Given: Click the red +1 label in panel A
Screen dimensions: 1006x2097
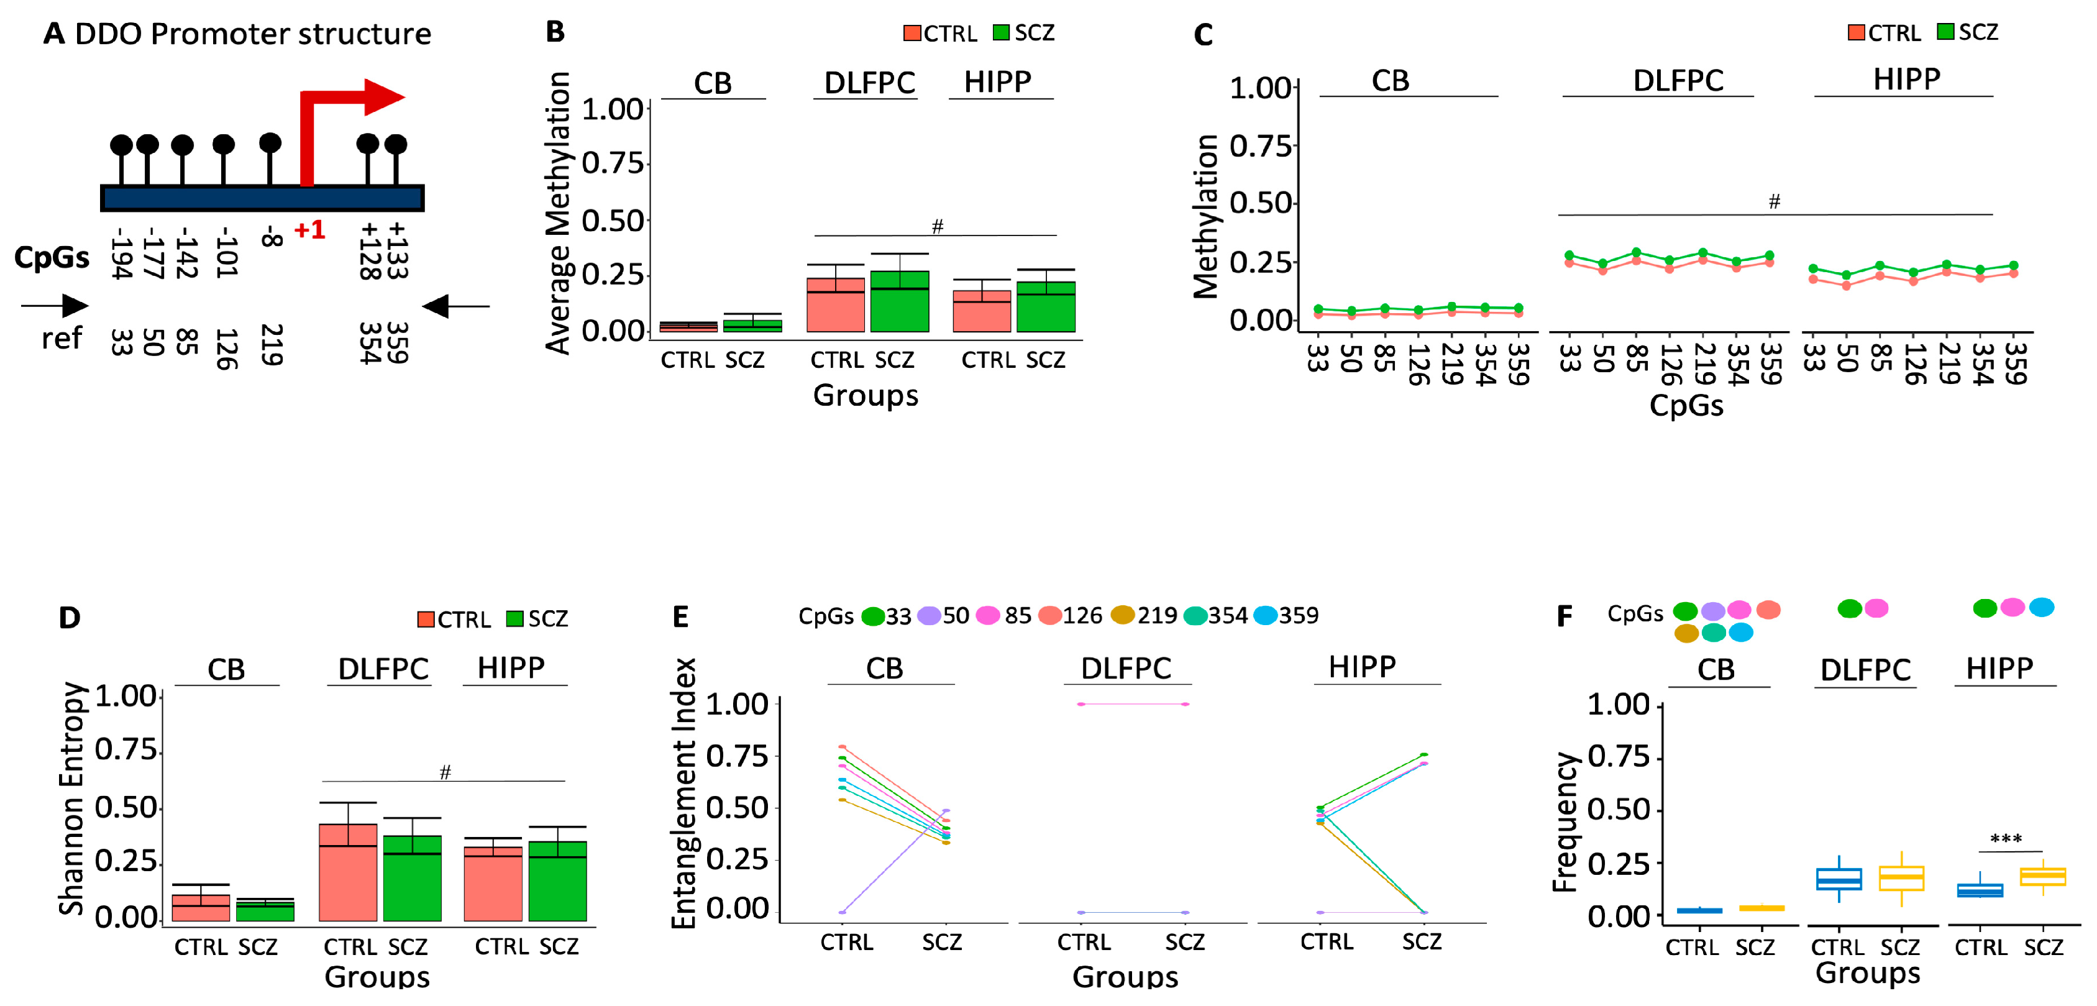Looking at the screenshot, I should coord(309,231).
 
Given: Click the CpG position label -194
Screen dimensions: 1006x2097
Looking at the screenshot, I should coord(121,254).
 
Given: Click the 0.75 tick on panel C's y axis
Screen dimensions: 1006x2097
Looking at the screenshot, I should coord(1260,147).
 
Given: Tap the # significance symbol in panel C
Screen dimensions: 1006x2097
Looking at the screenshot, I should coord(1774,201).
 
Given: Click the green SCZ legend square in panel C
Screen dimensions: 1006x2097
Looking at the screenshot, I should coord(1945,32).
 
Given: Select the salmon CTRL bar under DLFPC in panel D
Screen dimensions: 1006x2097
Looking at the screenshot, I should coord(347,872).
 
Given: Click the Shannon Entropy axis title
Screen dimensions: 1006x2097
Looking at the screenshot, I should coord(71,798).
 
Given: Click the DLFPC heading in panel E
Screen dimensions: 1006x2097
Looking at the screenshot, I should coord(1125,668).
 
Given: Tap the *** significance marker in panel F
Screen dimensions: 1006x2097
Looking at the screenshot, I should coord(2005,839).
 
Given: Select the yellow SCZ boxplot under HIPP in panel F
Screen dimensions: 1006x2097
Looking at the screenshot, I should coord(2042,877).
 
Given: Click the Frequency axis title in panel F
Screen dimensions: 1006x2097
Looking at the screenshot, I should coord(1564,821).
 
